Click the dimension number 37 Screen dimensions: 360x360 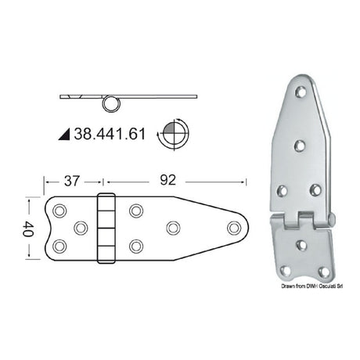(72, 181)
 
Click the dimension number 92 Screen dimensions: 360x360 (167, 180)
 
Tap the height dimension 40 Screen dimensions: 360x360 (28, 229)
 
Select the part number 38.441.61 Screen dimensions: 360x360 (110, 134)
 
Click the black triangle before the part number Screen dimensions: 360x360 (65, 135)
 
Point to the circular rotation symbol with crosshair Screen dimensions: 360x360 (174, 134)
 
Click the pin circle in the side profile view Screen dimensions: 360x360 (111, 104)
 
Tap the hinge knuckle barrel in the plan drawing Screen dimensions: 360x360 (106, 229)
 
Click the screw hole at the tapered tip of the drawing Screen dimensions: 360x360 (234, 228)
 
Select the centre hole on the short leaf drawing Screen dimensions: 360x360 (81, 228)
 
